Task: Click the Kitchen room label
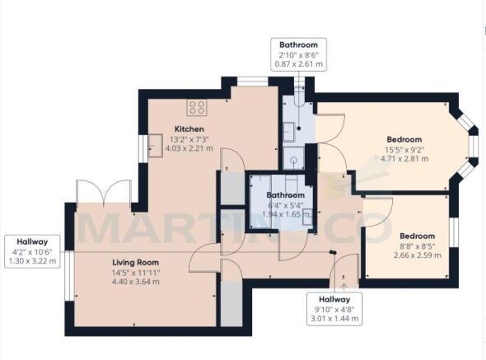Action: pos(189,129)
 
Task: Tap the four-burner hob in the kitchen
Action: pos(197,107)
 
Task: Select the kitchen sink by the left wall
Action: pos(156,146)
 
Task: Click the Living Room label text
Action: pos(135,263)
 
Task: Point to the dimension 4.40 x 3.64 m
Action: pos(136,282)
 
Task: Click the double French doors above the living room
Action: pos(104,192)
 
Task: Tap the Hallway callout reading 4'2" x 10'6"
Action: pos(33,251)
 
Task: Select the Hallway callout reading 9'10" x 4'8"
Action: pos(334,309)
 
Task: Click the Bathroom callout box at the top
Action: pos(298,54)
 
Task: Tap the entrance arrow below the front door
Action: pos(344,287)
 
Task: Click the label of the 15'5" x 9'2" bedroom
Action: pos(404,139)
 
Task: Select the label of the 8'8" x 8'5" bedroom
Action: pos(417,236)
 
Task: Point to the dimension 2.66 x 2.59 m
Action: pos(418,255)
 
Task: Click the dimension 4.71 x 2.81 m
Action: pos(404,159)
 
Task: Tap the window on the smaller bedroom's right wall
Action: pos(453,232)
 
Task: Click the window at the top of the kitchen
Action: pos(252,82)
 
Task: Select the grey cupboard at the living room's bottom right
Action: pos(231,303)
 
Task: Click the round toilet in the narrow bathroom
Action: pos(293,160)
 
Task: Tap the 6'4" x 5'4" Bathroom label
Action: pos(286,195)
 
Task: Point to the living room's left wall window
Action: pos(69,276)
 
